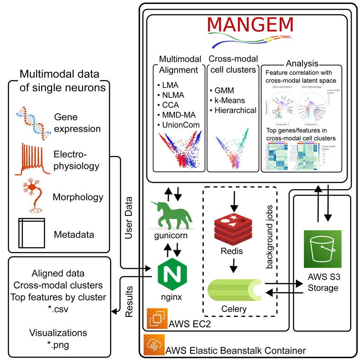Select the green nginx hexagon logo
[x=170, y=277]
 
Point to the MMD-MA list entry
[x=176, y=115]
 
